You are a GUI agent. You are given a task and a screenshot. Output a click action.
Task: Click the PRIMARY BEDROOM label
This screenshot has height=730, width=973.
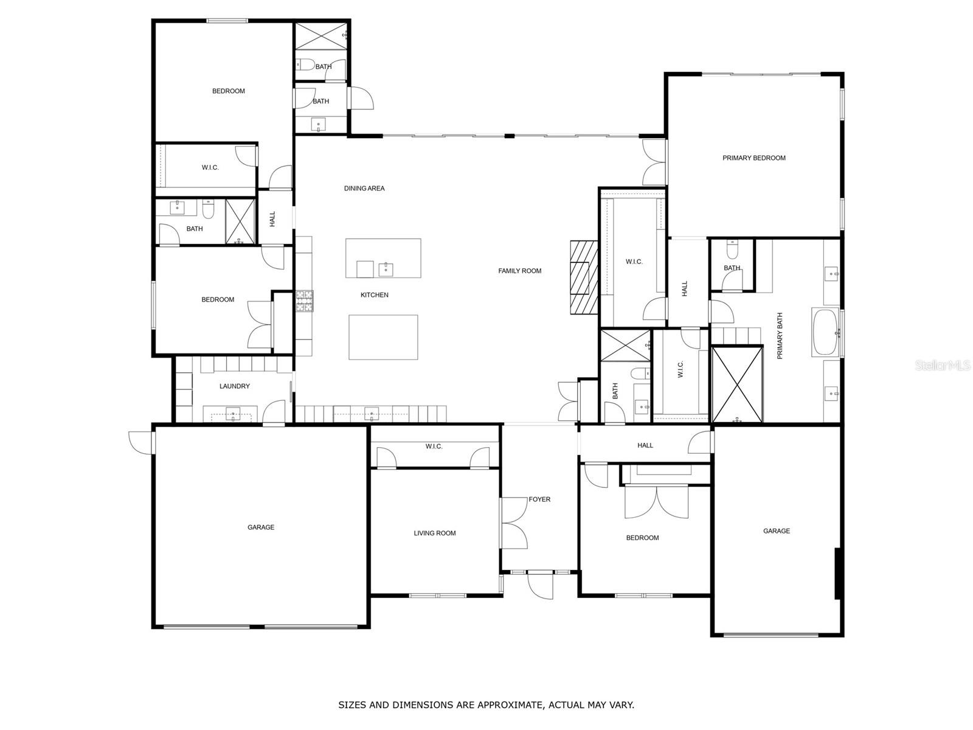[753, 158]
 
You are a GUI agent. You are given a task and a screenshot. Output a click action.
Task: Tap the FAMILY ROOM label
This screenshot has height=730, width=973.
[519, 271]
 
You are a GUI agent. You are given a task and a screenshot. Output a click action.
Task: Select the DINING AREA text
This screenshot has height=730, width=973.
[364, 189]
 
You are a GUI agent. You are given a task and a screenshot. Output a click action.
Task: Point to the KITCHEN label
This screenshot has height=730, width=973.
[374, 295]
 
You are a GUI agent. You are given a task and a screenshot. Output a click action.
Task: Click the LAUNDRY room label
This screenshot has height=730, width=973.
[234, 386]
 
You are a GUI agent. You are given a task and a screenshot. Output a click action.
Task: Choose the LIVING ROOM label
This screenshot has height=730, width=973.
[434, 534]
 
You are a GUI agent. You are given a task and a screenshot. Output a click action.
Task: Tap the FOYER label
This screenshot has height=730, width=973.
[539, 499]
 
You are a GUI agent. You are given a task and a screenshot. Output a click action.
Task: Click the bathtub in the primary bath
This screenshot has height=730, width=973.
[825, 332]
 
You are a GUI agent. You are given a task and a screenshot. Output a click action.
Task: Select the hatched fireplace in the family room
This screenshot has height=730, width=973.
[584, 277]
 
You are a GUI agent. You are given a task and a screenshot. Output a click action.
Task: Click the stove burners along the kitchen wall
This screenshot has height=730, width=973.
[304, 301]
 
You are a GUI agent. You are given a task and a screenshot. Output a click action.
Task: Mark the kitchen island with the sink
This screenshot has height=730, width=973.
[383, 258]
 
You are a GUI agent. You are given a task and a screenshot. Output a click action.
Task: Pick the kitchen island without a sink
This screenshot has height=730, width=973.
[383, 337]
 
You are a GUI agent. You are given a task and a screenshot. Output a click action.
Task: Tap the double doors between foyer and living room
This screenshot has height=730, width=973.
[514, 523]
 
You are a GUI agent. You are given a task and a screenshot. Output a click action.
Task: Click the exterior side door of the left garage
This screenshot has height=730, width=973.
[141, 442]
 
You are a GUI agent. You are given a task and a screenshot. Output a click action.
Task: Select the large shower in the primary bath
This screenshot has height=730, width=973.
[737, 384]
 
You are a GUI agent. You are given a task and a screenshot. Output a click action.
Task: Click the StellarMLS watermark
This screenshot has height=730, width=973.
[943, 366]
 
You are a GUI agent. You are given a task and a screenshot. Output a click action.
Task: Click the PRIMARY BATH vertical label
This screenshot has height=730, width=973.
[780, 336]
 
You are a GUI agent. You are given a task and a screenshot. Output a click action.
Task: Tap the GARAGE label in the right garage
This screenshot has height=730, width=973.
[776, 531]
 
